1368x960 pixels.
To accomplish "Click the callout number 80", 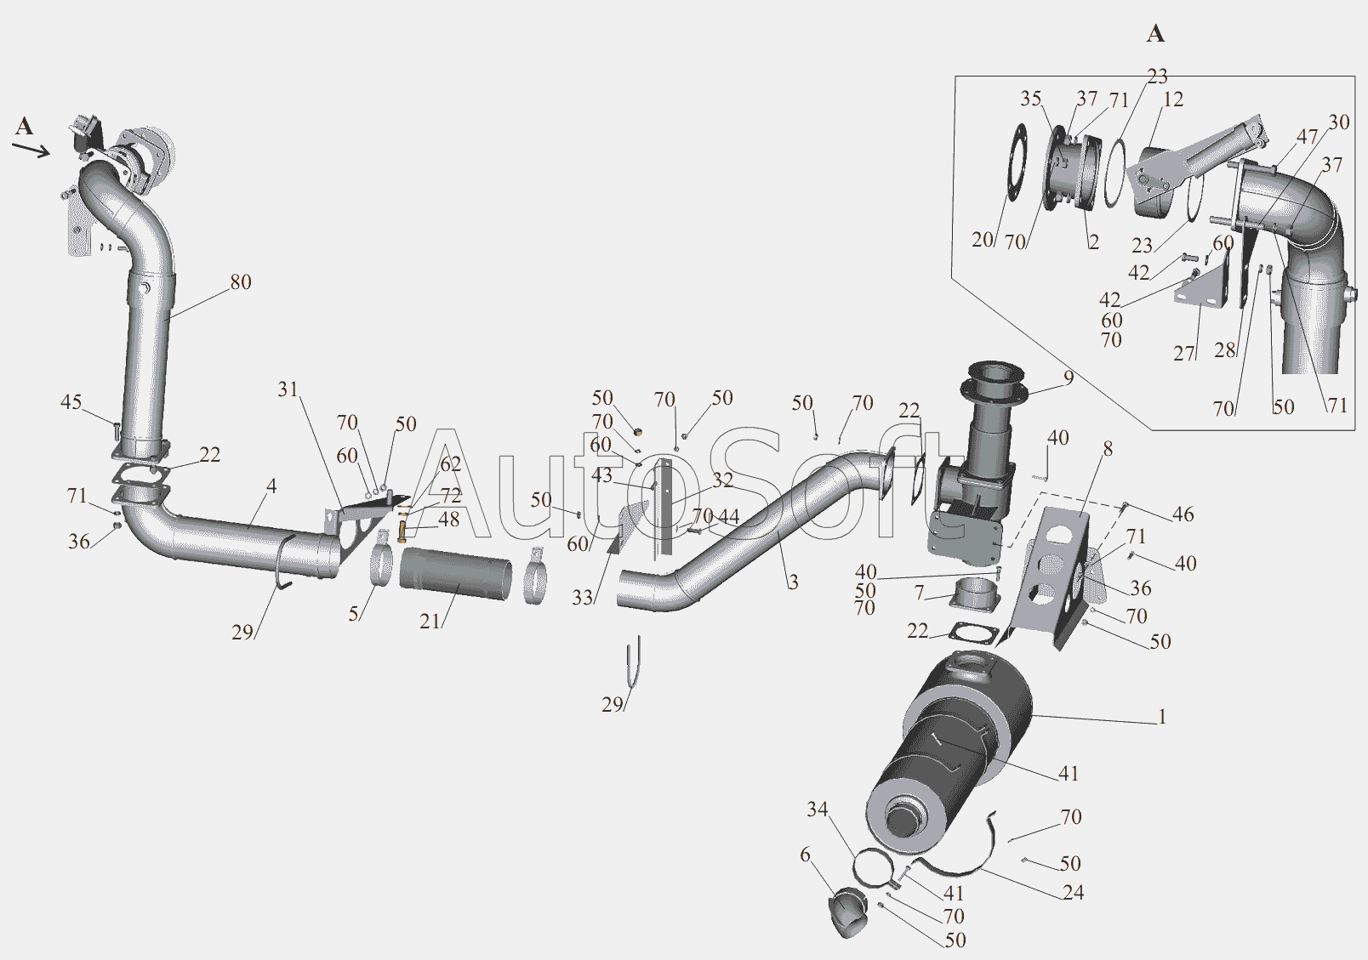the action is pos(241,282).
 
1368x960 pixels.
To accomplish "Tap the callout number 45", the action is pos(71,402).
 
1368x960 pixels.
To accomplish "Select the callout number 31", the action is pos(288,389).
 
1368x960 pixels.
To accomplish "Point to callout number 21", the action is pos(430,622).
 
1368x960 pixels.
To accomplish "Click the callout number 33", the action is pos(583,598).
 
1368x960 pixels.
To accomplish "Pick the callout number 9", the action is pos(1069,378).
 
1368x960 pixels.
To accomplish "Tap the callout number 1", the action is pos(1162,717).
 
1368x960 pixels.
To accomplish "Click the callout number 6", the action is pos(805,855).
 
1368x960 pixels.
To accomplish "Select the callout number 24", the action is pos(1073,893).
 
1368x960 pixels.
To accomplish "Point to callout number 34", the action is pos(817,809).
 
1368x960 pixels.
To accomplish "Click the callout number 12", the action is pos(1172,99).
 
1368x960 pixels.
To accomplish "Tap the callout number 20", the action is pos(983,240).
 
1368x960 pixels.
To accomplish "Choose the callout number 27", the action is pos(1184,354).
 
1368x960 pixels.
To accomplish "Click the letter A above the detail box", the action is pos(1154,33).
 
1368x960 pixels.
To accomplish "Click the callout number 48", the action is pos(449,520).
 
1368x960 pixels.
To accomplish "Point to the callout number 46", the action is pos(1183,514).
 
